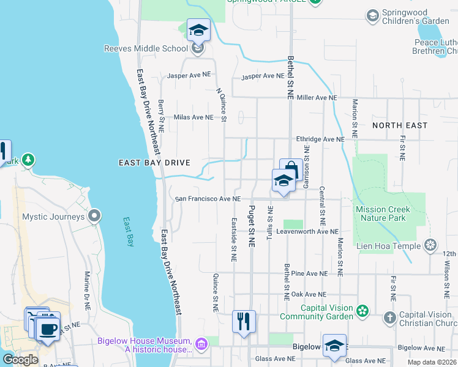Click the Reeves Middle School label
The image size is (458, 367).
tap(145, 48)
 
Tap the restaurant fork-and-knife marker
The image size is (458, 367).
tap(244, 321)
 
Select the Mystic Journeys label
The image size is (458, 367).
tap(53, 217)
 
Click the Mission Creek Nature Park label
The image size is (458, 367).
tap(391, 213)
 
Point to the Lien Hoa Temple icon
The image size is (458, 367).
tap(430, 245)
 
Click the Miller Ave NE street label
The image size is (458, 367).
tap(317, 98)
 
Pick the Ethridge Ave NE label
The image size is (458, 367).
tap(320, 139)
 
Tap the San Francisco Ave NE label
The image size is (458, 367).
tap(208, 199)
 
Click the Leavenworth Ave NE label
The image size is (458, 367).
tap(307, 232)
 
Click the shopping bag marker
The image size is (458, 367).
tap(290, 169)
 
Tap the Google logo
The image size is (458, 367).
tap(20, 360)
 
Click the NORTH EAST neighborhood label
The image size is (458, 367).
tap(400, 125)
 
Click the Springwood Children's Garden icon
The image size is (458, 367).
tap(372, 15)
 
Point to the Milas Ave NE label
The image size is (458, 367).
tap(194, 117)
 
